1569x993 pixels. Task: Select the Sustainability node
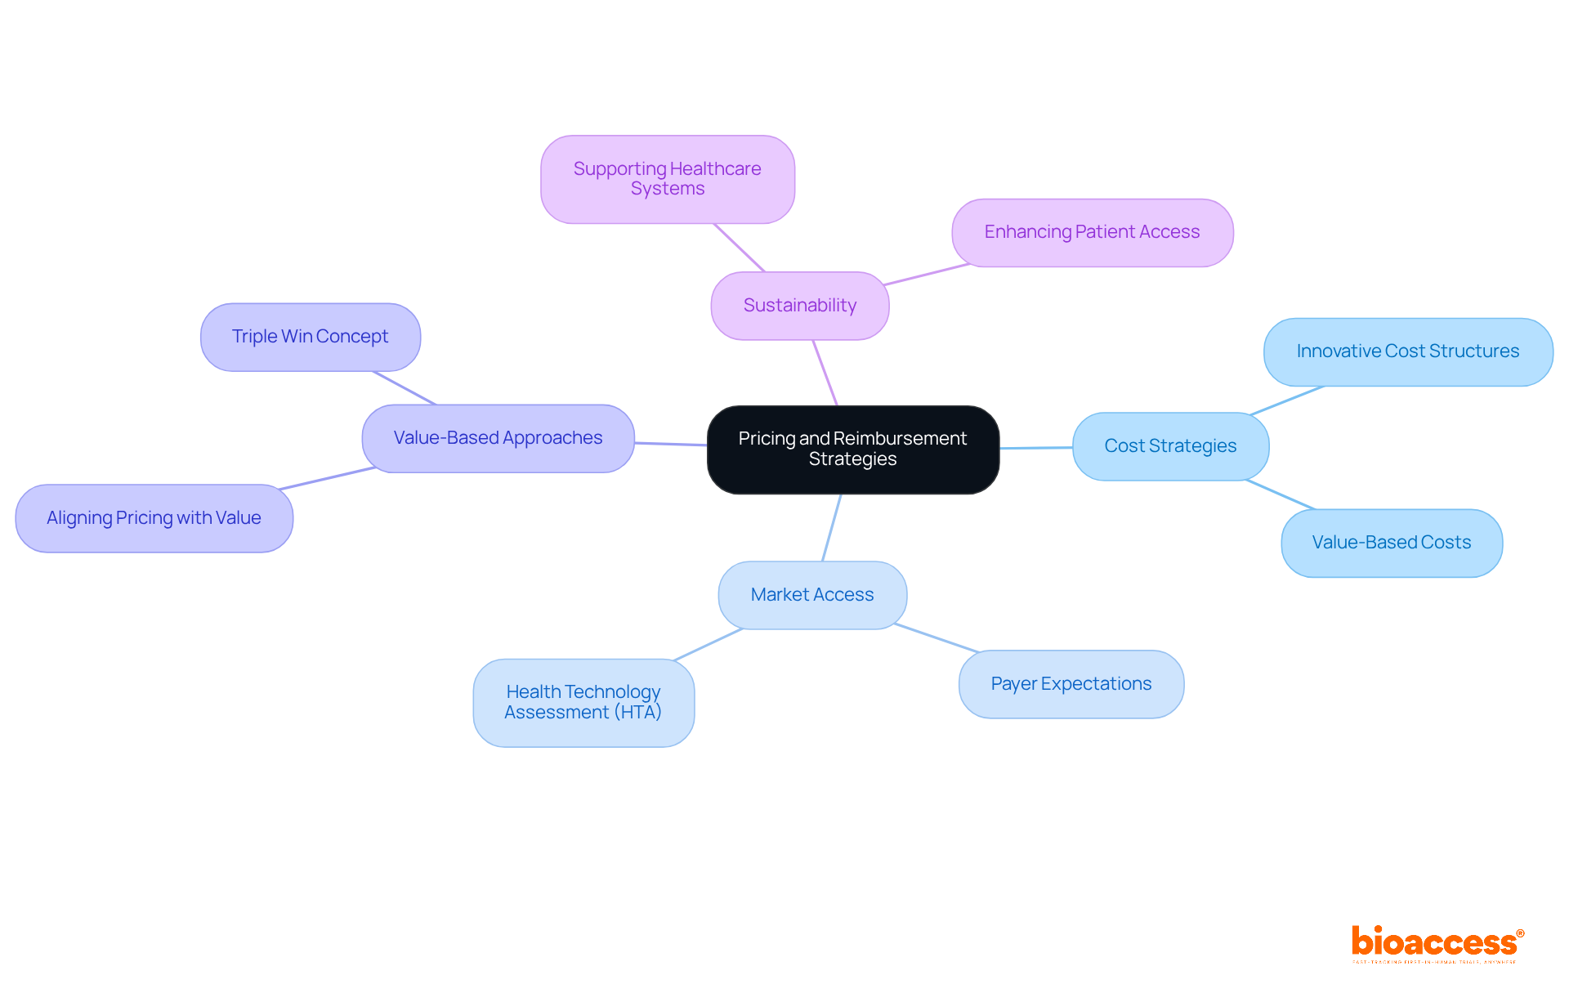799,306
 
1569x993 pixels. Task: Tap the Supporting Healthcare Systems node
667,179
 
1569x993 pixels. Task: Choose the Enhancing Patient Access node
1092,232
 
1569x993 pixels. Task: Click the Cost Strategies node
1169,446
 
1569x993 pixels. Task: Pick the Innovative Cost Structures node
1407,351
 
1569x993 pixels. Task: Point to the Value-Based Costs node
1391,543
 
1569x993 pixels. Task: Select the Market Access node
811,595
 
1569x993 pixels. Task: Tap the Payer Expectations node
1071,684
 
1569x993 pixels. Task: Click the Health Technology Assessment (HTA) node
583,702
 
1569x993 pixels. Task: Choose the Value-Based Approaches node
498,438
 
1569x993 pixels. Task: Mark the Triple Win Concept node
310,337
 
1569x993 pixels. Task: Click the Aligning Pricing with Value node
154,518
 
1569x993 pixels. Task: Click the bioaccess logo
1436,943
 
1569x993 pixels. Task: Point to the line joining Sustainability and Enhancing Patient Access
928,275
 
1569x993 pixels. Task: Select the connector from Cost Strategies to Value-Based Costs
1280,494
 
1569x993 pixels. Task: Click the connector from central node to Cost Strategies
1035,448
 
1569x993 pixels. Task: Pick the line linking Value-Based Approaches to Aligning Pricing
327,479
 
